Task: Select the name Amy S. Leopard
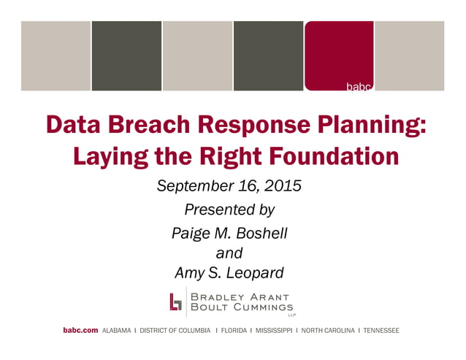229,273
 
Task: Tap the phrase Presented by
229,210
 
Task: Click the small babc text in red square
359,87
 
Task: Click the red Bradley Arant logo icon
175,302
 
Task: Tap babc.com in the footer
80,331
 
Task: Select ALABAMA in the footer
118,331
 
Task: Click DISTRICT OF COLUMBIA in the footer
175,331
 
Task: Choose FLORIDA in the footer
233,331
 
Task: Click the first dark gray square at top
126,55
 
